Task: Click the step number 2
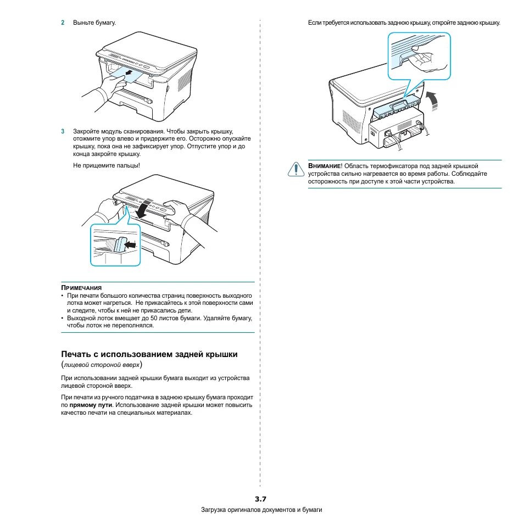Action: (x=63, y=23)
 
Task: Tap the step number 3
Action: (x=63, y=132)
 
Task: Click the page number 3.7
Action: (x=260, y=499)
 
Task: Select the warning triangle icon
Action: (x=296, y=169)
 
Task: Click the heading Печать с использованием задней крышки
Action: (x=149, y=354)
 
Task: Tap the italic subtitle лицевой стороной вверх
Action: (x=104, y=365)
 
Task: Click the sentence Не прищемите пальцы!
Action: (x=107, y=165)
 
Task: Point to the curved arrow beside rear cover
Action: (x=433, y=100)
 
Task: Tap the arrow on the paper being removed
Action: (x=128, y=72)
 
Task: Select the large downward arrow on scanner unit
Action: (x=143, y=209)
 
